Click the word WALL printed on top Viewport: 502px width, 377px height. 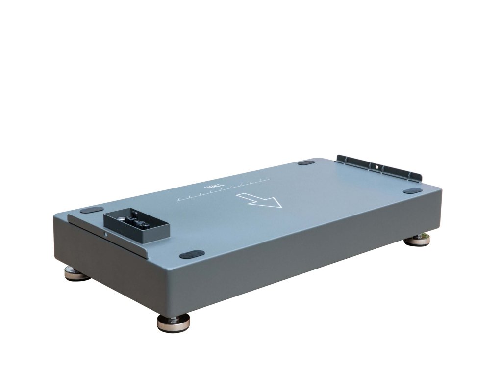click(211, 188)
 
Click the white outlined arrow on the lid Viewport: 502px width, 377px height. click(259, 200)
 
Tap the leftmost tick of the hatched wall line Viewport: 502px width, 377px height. click(179, 199)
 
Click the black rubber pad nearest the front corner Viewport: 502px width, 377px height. click(192, 255)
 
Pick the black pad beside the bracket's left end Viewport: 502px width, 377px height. click(306, 163)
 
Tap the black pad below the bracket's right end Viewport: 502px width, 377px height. click(413, 191)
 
